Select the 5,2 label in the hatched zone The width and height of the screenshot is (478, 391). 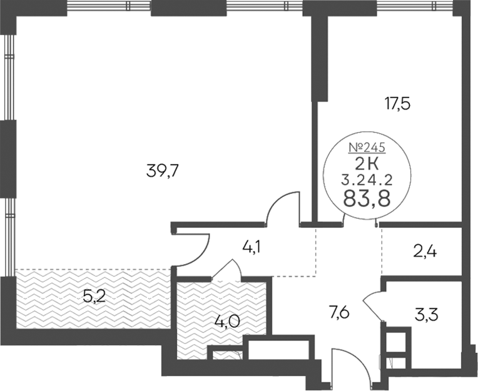click(x=94, y=297)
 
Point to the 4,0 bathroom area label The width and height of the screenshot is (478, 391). click(x=226, y=321)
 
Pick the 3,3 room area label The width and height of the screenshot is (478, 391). click(x=427, y=316)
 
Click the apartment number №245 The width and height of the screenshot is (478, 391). click(x=367, y=148)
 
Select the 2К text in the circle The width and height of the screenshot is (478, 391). click(x=367, y=165)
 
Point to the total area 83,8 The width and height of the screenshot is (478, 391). click(x=367, y=200)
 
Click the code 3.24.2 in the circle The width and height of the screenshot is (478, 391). click(x=367, y=181)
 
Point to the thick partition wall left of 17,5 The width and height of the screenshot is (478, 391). click(x=319, y=59)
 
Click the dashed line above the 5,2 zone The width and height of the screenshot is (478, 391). click(x=93, y=270)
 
